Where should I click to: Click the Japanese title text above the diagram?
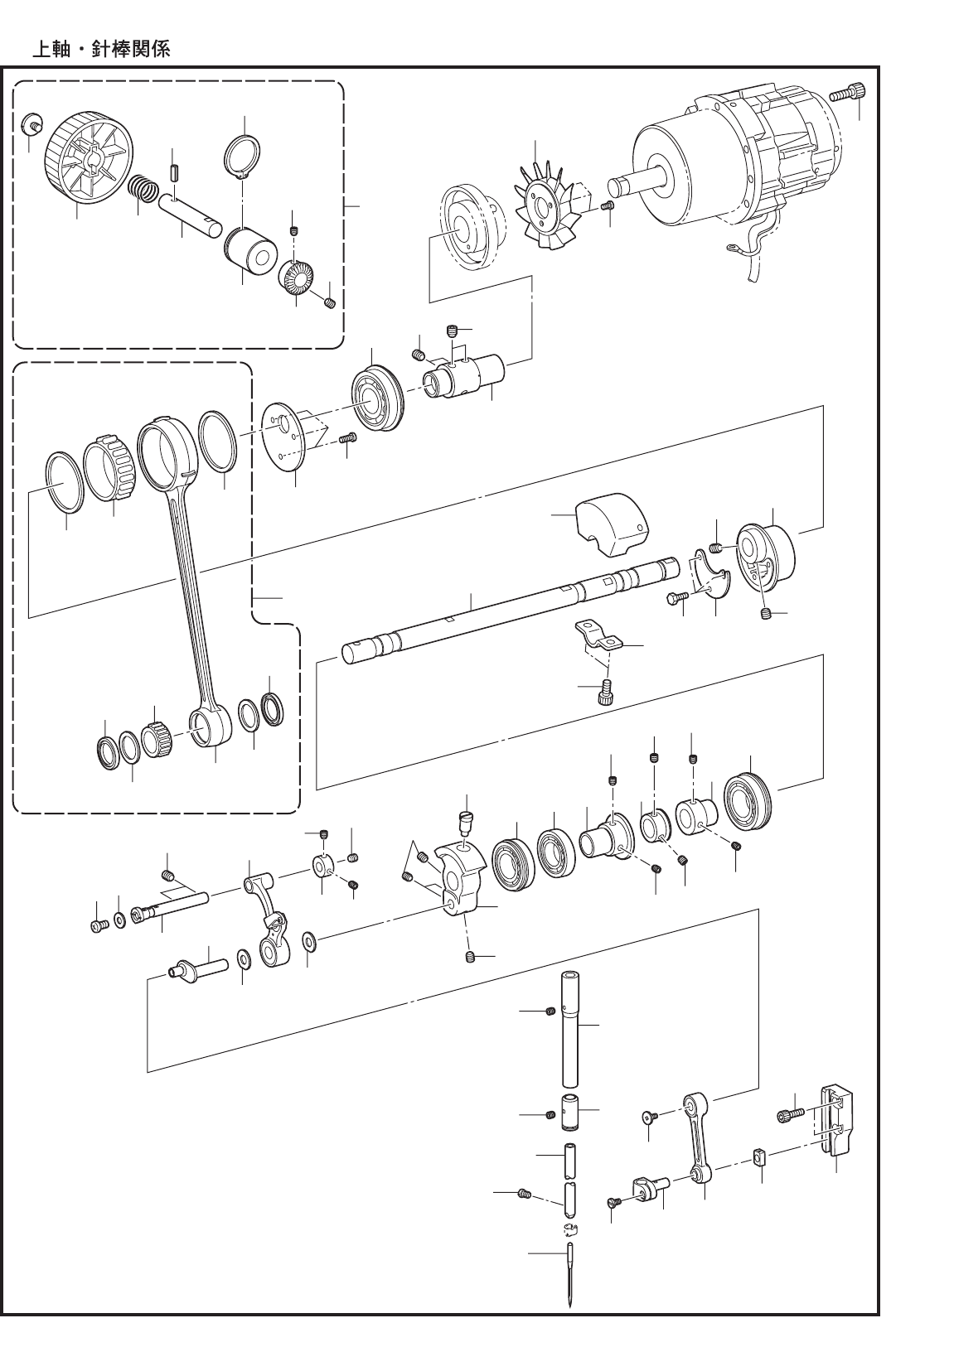[100, 50]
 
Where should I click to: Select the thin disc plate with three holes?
[285, 437]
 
